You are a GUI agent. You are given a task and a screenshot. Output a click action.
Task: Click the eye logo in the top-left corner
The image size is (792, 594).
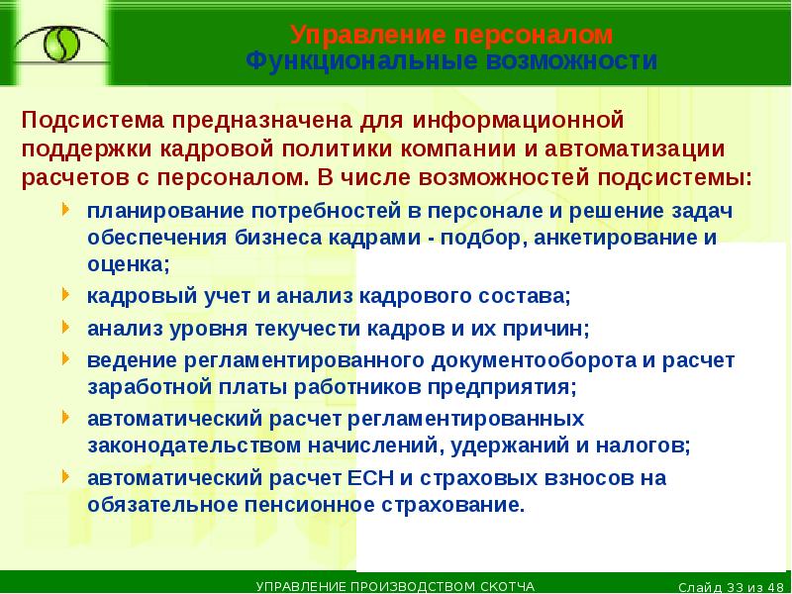coord(56,44)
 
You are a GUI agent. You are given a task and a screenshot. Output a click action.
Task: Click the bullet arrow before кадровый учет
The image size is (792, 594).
coord(65,295)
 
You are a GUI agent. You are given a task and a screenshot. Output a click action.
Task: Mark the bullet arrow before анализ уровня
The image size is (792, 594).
coord(65,326)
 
